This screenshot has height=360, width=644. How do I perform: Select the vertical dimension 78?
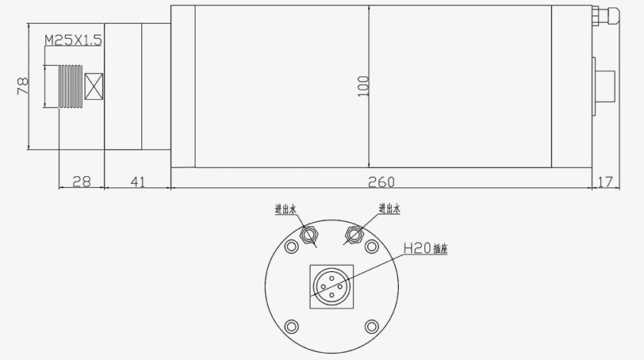tap(22, 85)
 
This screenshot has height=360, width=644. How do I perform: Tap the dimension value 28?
tap(81, 182)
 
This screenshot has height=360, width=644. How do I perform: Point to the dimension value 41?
tap(136, 182)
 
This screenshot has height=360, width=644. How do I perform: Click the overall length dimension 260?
tap(381, 182)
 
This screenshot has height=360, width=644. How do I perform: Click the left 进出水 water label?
tap(285, 209)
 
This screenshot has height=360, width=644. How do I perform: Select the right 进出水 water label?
tap(389, 209)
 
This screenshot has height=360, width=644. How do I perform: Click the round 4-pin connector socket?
tap(331, 285)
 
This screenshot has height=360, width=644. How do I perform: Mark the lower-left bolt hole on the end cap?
tap(292, 325)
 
